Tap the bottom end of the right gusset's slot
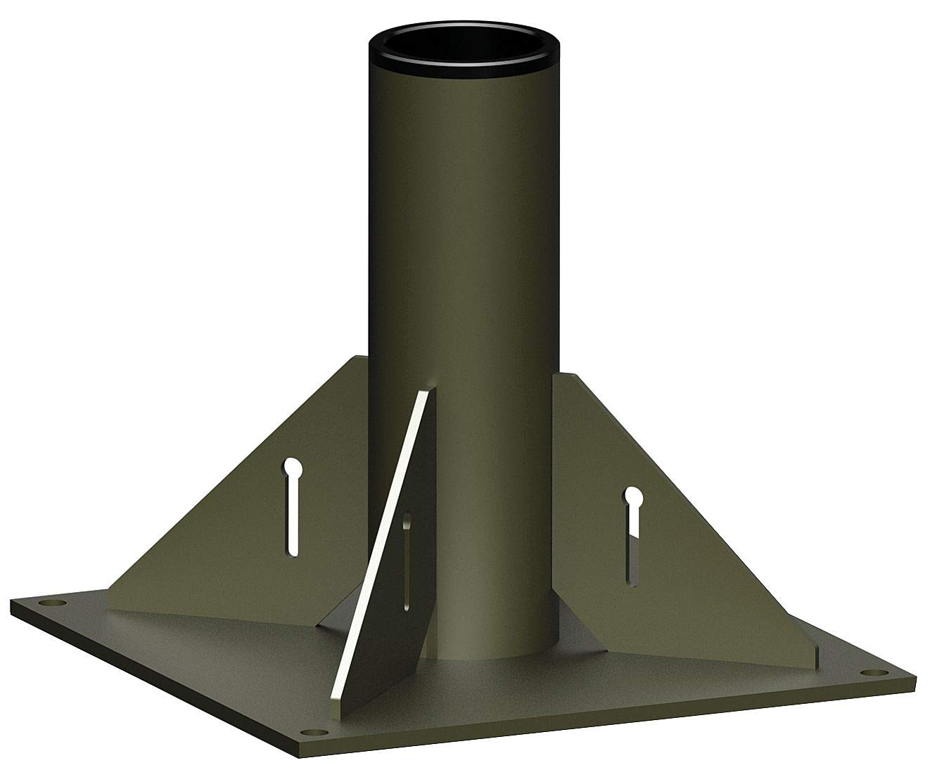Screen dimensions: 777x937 630,580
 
